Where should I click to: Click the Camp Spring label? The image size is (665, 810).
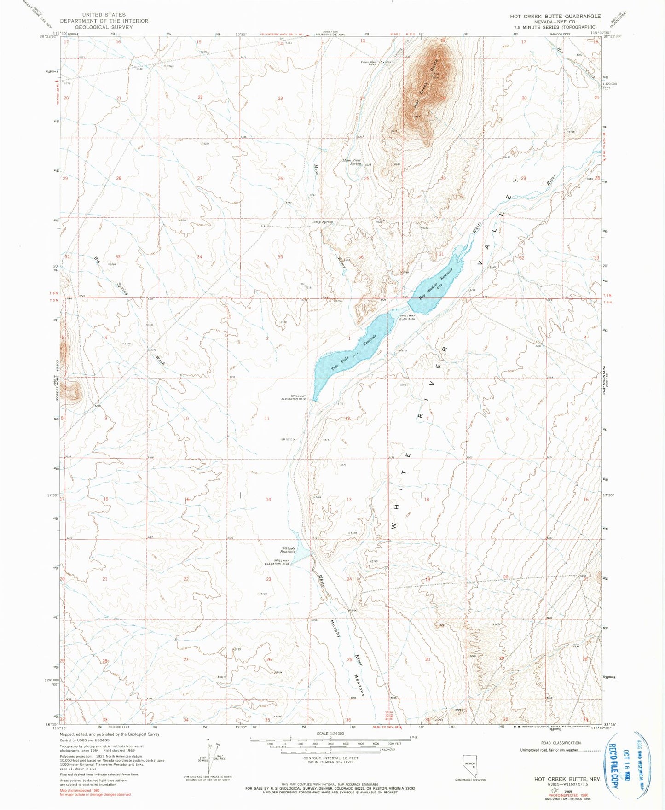point(322,222)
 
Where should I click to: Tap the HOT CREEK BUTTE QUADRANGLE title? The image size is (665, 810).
point(555,16)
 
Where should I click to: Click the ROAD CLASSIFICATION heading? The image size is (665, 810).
point(561,743)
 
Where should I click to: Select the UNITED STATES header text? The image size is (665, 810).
point(104,15)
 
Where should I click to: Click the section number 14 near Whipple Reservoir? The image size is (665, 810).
point(268,499)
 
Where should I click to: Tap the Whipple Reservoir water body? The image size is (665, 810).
point(300,554)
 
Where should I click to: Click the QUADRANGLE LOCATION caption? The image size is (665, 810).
point(469,780)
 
